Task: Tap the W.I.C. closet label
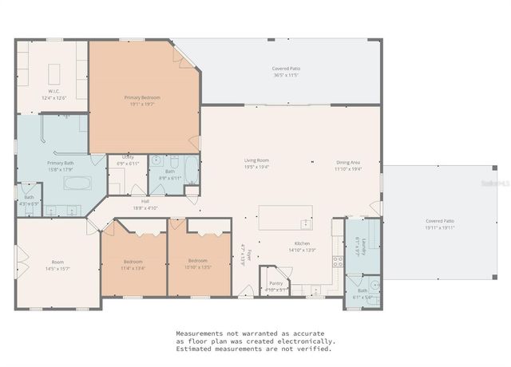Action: coord(53,93)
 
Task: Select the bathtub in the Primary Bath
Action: coord(77,183)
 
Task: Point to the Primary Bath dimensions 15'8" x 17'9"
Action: coord(61,169)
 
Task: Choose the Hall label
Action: coord(145,201)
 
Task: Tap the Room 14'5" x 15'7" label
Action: coord(57,262)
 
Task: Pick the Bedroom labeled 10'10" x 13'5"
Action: coord(197,261)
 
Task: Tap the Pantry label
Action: coord(275,283)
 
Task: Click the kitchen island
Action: coord(285,215)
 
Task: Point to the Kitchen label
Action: coord(302,243)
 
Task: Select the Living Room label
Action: coord(256,160)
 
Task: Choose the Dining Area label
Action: coord(348,162)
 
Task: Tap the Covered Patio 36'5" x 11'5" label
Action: coord(285,69)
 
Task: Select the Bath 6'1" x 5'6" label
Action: coord(362,291)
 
